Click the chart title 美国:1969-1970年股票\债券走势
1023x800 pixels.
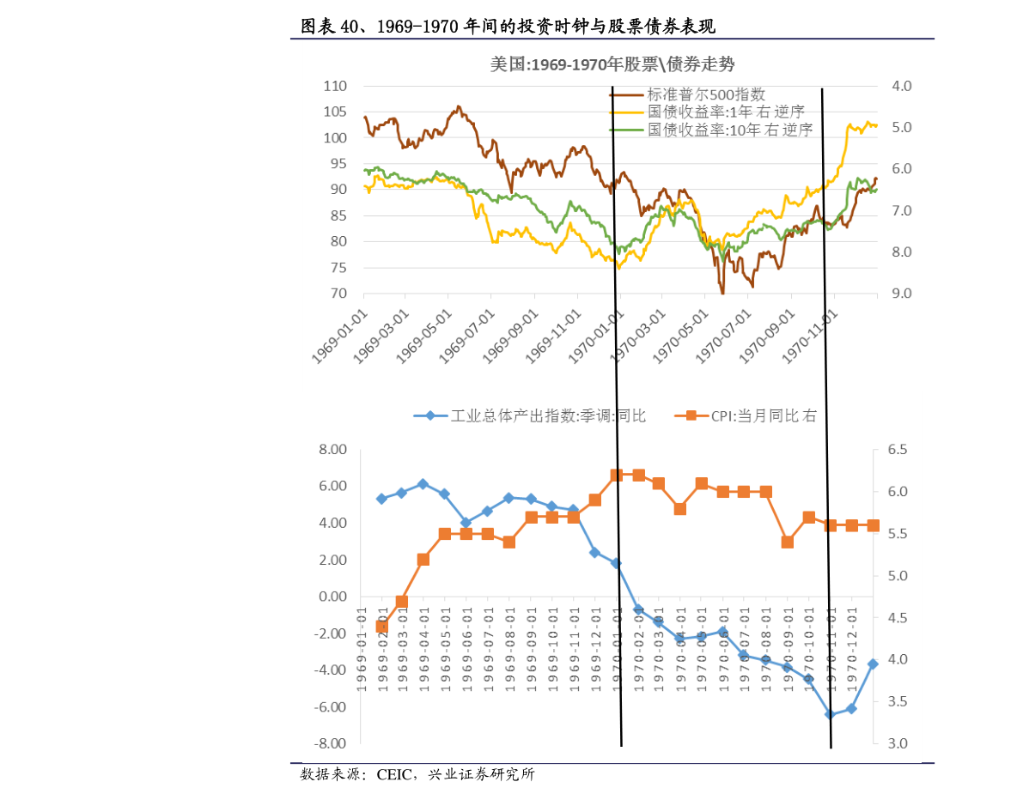612,64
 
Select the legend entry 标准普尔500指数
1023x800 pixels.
706,94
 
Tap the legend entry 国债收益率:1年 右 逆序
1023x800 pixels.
726,112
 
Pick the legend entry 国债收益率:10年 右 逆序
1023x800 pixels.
729,130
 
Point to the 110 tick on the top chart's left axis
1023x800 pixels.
335,86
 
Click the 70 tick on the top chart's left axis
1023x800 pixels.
338,294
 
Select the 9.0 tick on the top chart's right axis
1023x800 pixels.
902,294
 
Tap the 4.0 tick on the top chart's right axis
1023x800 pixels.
902,86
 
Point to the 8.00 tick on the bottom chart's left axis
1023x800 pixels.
332,449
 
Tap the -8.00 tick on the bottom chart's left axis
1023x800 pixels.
330,743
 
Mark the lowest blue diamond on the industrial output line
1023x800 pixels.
830,714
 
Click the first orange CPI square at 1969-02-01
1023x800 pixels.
381,627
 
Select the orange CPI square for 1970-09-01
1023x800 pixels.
787,542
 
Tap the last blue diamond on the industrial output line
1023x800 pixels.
873,664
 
